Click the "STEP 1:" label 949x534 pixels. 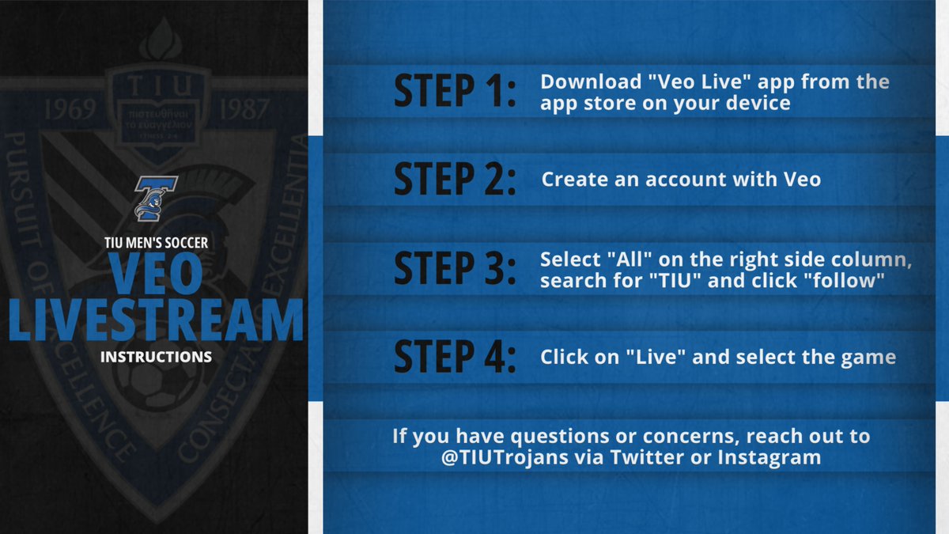tap(455, 93)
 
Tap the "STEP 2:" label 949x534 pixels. tap(455, 180)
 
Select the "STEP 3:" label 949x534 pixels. tap(455, 268)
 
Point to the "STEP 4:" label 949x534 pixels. tap(455, 357)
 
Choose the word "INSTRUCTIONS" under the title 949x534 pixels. tap(156, 357)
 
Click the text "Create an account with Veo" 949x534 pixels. tap(681, 180)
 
